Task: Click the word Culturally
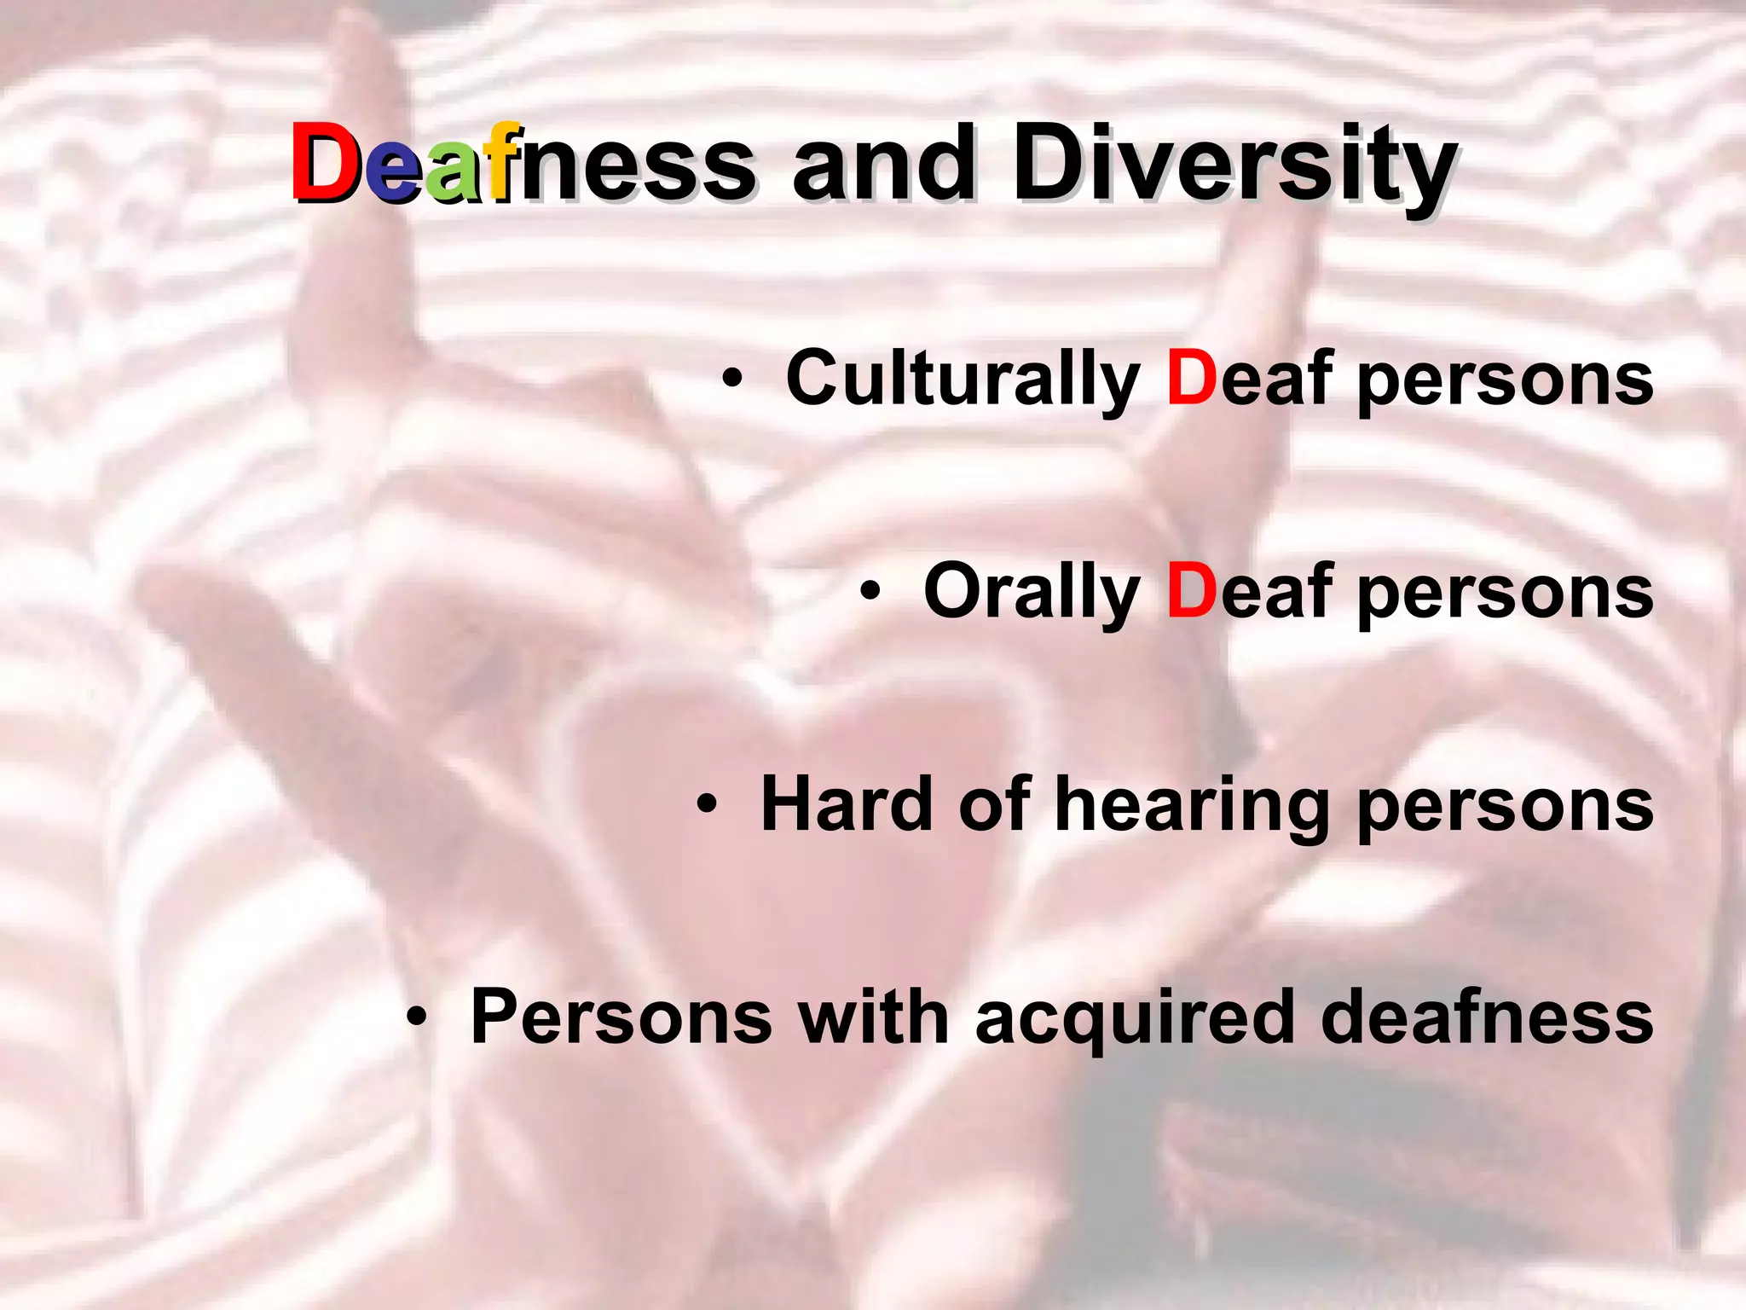pos(963,380)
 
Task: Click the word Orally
pos(1032,593)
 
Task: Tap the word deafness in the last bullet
pos(1487,1016)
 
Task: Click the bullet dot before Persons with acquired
pos(416,1016)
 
